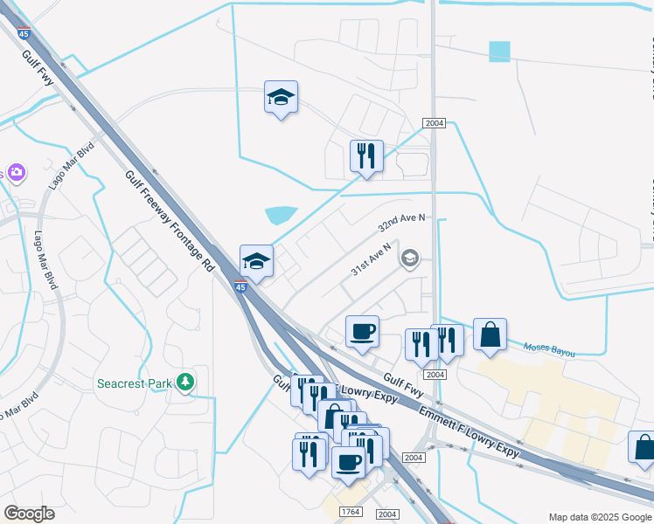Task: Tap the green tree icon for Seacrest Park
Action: (184, 382)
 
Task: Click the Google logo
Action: (29, 514)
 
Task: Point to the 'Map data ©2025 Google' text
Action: (599, 517)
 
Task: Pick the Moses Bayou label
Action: (549, 350)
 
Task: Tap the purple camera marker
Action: (14, 173)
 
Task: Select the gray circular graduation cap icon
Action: (409, 258)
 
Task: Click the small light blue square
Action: (498, 52)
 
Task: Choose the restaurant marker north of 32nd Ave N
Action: (366, 156)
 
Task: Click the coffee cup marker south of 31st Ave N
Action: (362, 331)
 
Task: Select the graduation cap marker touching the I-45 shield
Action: (256, 260)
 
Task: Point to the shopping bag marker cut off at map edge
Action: (644, 446)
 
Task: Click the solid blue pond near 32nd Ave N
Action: (281, 214)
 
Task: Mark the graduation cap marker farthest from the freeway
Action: (282, 98)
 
